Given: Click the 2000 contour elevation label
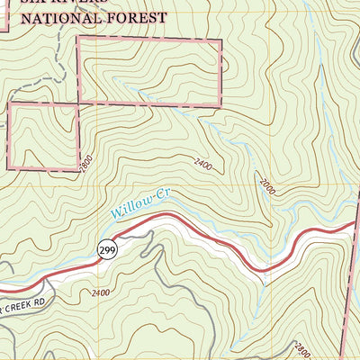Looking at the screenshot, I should pos(266,186).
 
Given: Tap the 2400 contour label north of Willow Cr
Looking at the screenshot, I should pos(204,165).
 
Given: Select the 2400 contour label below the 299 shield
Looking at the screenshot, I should pos(101,292).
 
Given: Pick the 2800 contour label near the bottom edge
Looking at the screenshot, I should pos(301,347).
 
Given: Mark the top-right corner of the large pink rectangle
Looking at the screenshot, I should pos(220,40).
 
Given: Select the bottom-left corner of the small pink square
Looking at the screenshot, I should pos(9,169).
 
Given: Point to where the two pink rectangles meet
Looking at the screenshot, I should pos(79,104).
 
